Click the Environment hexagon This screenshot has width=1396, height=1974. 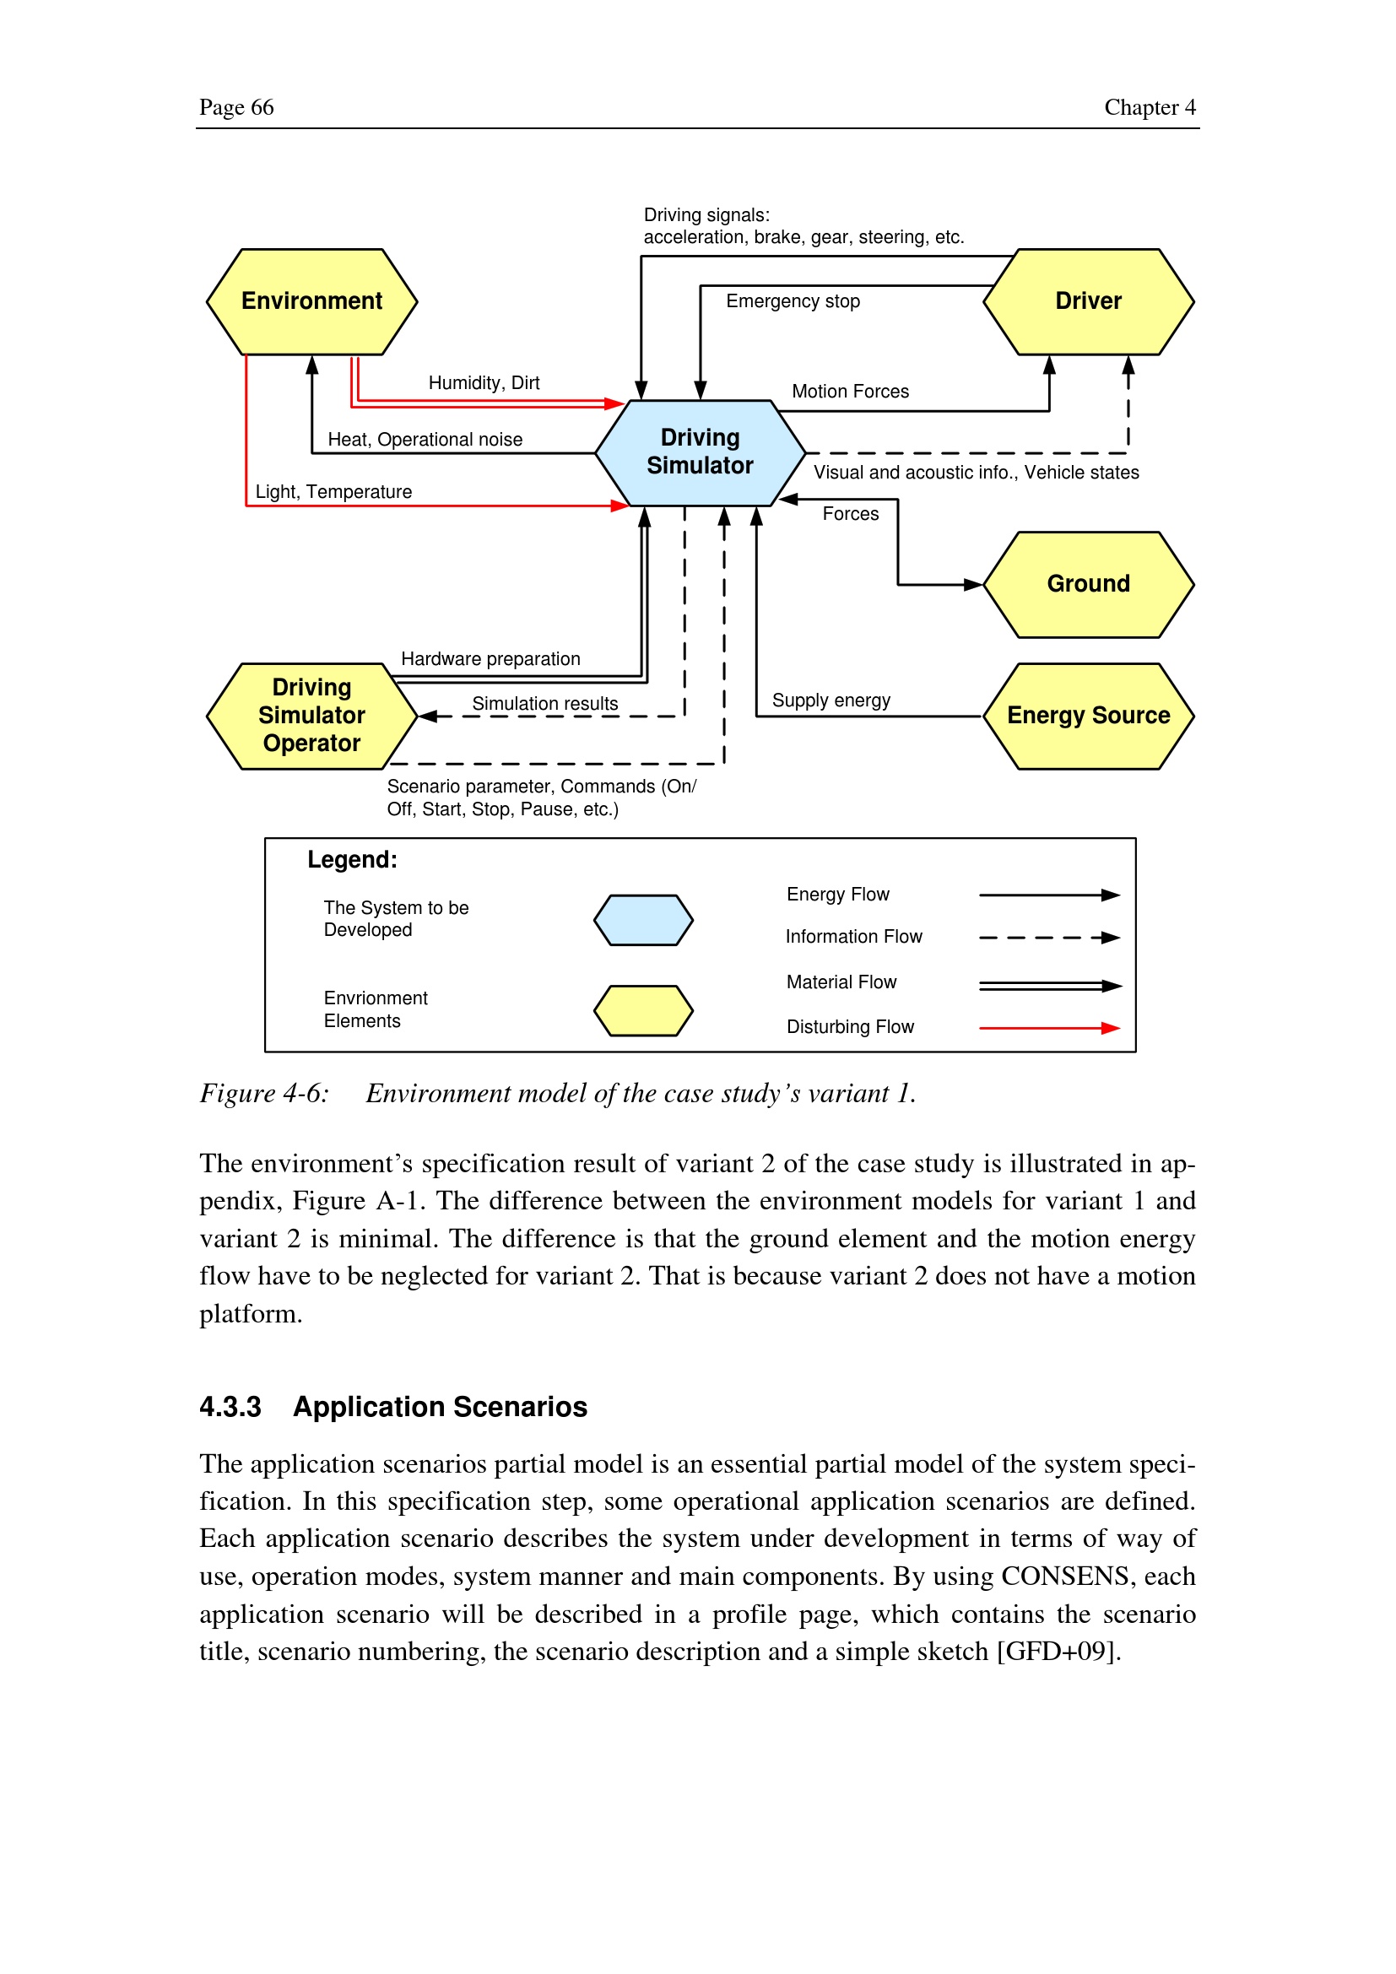point(312,302)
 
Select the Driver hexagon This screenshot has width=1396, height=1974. point(1088,302)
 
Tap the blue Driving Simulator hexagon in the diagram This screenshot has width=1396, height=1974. point(700,452)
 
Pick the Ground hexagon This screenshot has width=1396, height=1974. point(1088,585)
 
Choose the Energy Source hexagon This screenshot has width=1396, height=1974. point(1088,717)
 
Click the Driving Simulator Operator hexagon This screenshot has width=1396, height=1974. point(312,717)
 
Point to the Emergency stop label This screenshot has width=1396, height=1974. point(793,302)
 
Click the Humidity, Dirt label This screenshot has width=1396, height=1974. point(484,383)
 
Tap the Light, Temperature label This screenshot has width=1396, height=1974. point(333,492)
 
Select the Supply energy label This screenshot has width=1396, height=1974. point(831,700)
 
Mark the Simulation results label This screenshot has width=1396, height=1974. point(545,704)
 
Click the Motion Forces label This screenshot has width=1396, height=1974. point(850,392)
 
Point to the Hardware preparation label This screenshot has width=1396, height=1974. point(491,659)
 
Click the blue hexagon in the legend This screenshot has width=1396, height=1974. point(643,920)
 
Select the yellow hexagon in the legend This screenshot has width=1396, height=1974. point(643,1010)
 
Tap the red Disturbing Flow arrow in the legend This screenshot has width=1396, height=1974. point(1049,1028)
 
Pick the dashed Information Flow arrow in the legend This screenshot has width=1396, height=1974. point(1049,938)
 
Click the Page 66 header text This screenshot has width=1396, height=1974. point(236,107)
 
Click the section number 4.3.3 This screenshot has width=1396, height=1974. point(230,1408)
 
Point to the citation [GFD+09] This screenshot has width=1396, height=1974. point(1058,1652)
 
